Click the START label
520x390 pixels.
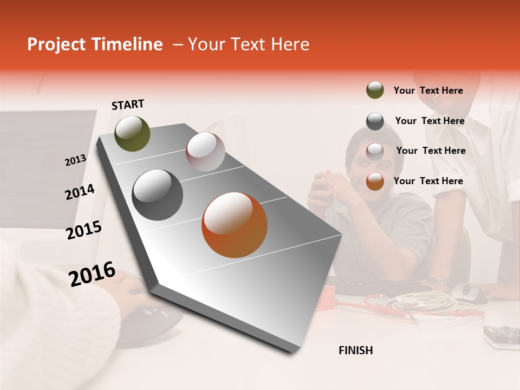[x=128, y=105]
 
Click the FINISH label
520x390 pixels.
[x=355, y=350]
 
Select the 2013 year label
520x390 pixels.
[x=75, y=160]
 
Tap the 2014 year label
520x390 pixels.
[x=80, y=192]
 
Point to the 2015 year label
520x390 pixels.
[x=83, y=230]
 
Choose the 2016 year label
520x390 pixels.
[x=92, y=274]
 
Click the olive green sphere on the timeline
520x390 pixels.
[x=132, y=133]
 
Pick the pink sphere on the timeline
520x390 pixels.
[x=205, y=152]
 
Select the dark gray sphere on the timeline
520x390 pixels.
[x=157, y=195]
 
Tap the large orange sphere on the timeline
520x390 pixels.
[x=235, y=225]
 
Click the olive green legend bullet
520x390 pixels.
[x=375, y=90]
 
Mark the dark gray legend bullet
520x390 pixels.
[x=375, y=121]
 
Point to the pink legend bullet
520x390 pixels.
[x=375, y=151]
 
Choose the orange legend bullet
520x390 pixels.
[x=375, y=181]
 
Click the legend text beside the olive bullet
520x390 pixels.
[x=428, y=90]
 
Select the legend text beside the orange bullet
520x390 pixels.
[x=428, y=181]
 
